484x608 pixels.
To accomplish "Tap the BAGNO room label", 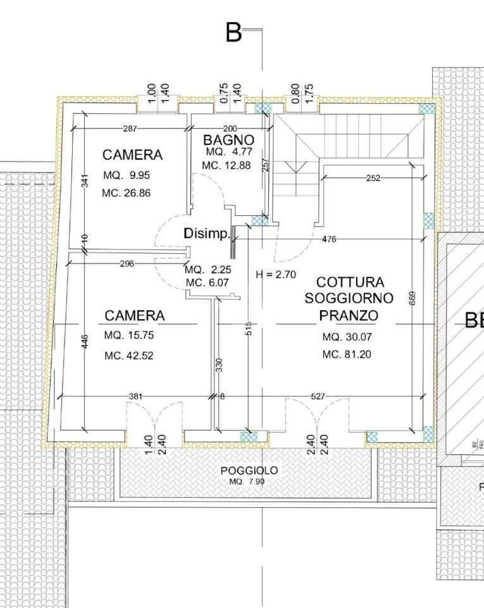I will click(x=228, y=140).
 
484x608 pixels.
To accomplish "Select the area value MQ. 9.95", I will click(x=127, y=175).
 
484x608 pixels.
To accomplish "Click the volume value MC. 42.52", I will click(x=128, y=356).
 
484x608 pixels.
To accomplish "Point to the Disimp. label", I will click(x=206, y=234).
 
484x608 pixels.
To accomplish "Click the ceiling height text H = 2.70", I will click(x=276, y=274).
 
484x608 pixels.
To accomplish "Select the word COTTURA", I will click(x=350, y=282).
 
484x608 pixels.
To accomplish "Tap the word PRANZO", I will click(x=349, y=315).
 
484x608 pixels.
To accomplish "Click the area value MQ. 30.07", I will click(x=346, y=337).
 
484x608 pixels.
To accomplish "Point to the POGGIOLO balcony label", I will click(x=249, y=471).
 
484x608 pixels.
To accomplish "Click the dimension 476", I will click(x=329, y=239).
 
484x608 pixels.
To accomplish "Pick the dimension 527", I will click(x=318, y=396).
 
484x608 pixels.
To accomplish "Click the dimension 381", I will click(x=135, y=396).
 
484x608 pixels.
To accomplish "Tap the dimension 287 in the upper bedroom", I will click(x=130, y=129).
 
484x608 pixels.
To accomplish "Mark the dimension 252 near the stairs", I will click(x=373, y=179).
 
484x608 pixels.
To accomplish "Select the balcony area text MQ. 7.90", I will click(x=247, y=482).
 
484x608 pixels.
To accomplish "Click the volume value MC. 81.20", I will click(x=346, y=355).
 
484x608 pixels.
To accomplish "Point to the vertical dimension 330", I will click(x=219, y=365).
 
